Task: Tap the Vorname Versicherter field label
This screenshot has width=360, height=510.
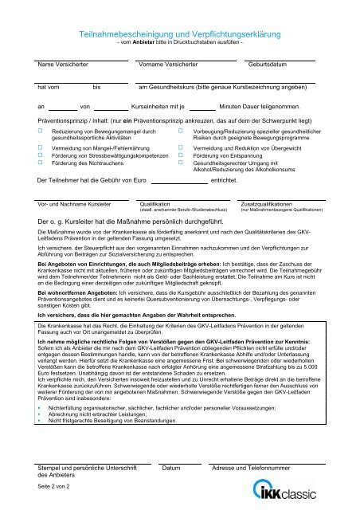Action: tap(168, 64)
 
